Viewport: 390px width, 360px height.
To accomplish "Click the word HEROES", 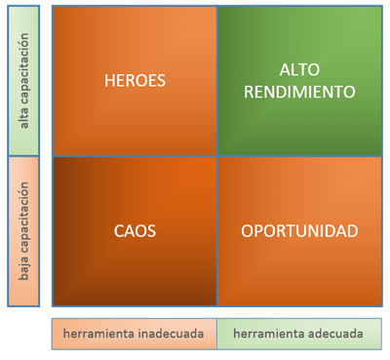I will click(135, 81).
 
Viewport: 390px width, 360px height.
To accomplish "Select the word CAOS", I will click(135, 231).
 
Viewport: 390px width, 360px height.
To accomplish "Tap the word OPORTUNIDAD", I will click(299, 231).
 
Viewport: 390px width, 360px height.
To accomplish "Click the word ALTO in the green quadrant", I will click(299, 70).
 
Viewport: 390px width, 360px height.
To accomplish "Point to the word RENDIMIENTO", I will click(299, 92).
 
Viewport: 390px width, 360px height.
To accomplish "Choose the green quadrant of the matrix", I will click(299, 81).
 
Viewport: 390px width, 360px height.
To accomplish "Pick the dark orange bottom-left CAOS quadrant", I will click(135, 263).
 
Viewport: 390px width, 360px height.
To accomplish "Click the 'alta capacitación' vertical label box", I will click(23, 80).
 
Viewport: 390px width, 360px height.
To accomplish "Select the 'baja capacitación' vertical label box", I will click(23, 231).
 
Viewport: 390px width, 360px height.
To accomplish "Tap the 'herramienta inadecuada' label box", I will click(135, 334).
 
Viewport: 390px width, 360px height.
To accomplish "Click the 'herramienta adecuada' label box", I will click(298, 334).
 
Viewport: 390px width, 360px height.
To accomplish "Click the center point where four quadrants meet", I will click(216, 156).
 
